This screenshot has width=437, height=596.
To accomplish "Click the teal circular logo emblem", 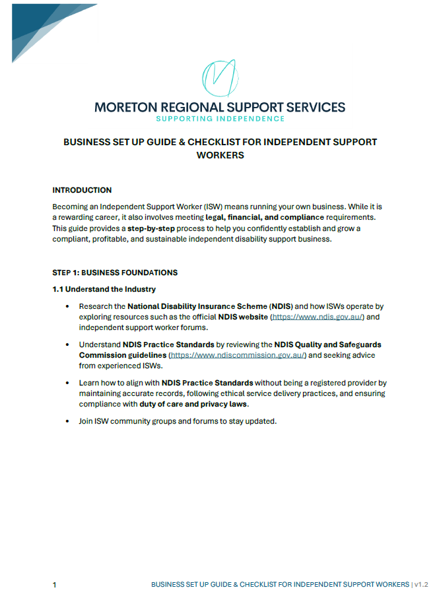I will tap(220, 79).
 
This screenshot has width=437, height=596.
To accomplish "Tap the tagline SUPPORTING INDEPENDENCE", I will tap(220, 119).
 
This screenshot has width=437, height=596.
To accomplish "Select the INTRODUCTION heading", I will tap(82, 190).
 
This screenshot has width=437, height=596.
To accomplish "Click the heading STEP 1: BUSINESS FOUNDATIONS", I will tap(115, 272).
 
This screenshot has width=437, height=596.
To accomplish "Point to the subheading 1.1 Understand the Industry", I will tap(104, 289).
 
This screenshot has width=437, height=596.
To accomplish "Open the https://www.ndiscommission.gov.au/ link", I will tap(238, 355).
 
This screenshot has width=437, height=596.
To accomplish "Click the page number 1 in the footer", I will tap(55, 585).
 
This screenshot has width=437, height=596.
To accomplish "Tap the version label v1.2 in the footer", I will tap(422, 585).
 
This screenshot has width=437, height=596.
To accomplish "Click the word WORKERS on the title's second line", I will tap(220, 156).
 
